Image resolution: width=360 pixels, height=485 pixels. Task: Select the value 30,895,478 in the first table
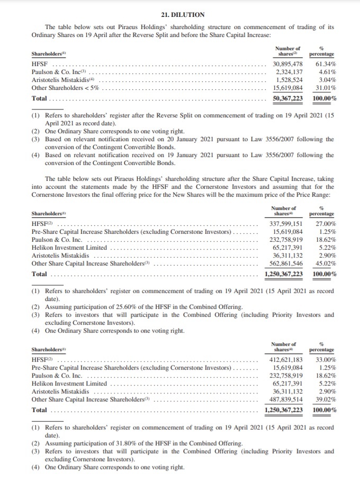point(287,64)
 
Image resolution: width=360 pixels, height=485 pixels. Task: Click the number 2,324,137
point(290,72)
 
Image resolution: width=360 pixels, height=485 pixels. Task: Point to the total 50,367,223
point(287,98)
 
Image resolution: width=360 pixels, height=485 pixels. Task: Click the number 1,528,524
point(290,80)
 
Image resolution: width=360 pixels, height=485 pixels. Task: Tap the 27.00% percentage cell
point(325,224)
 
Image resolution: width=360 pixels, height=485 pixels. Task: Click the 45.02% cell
point(325,263)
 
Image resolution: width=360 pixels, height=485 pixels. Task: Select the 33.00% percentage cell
point(325,360)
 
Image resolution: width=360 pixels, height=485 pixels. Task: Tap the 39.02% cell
point(325,399)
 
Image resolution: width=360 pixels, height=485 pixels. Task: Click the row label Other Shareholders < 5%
point(65,88)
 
